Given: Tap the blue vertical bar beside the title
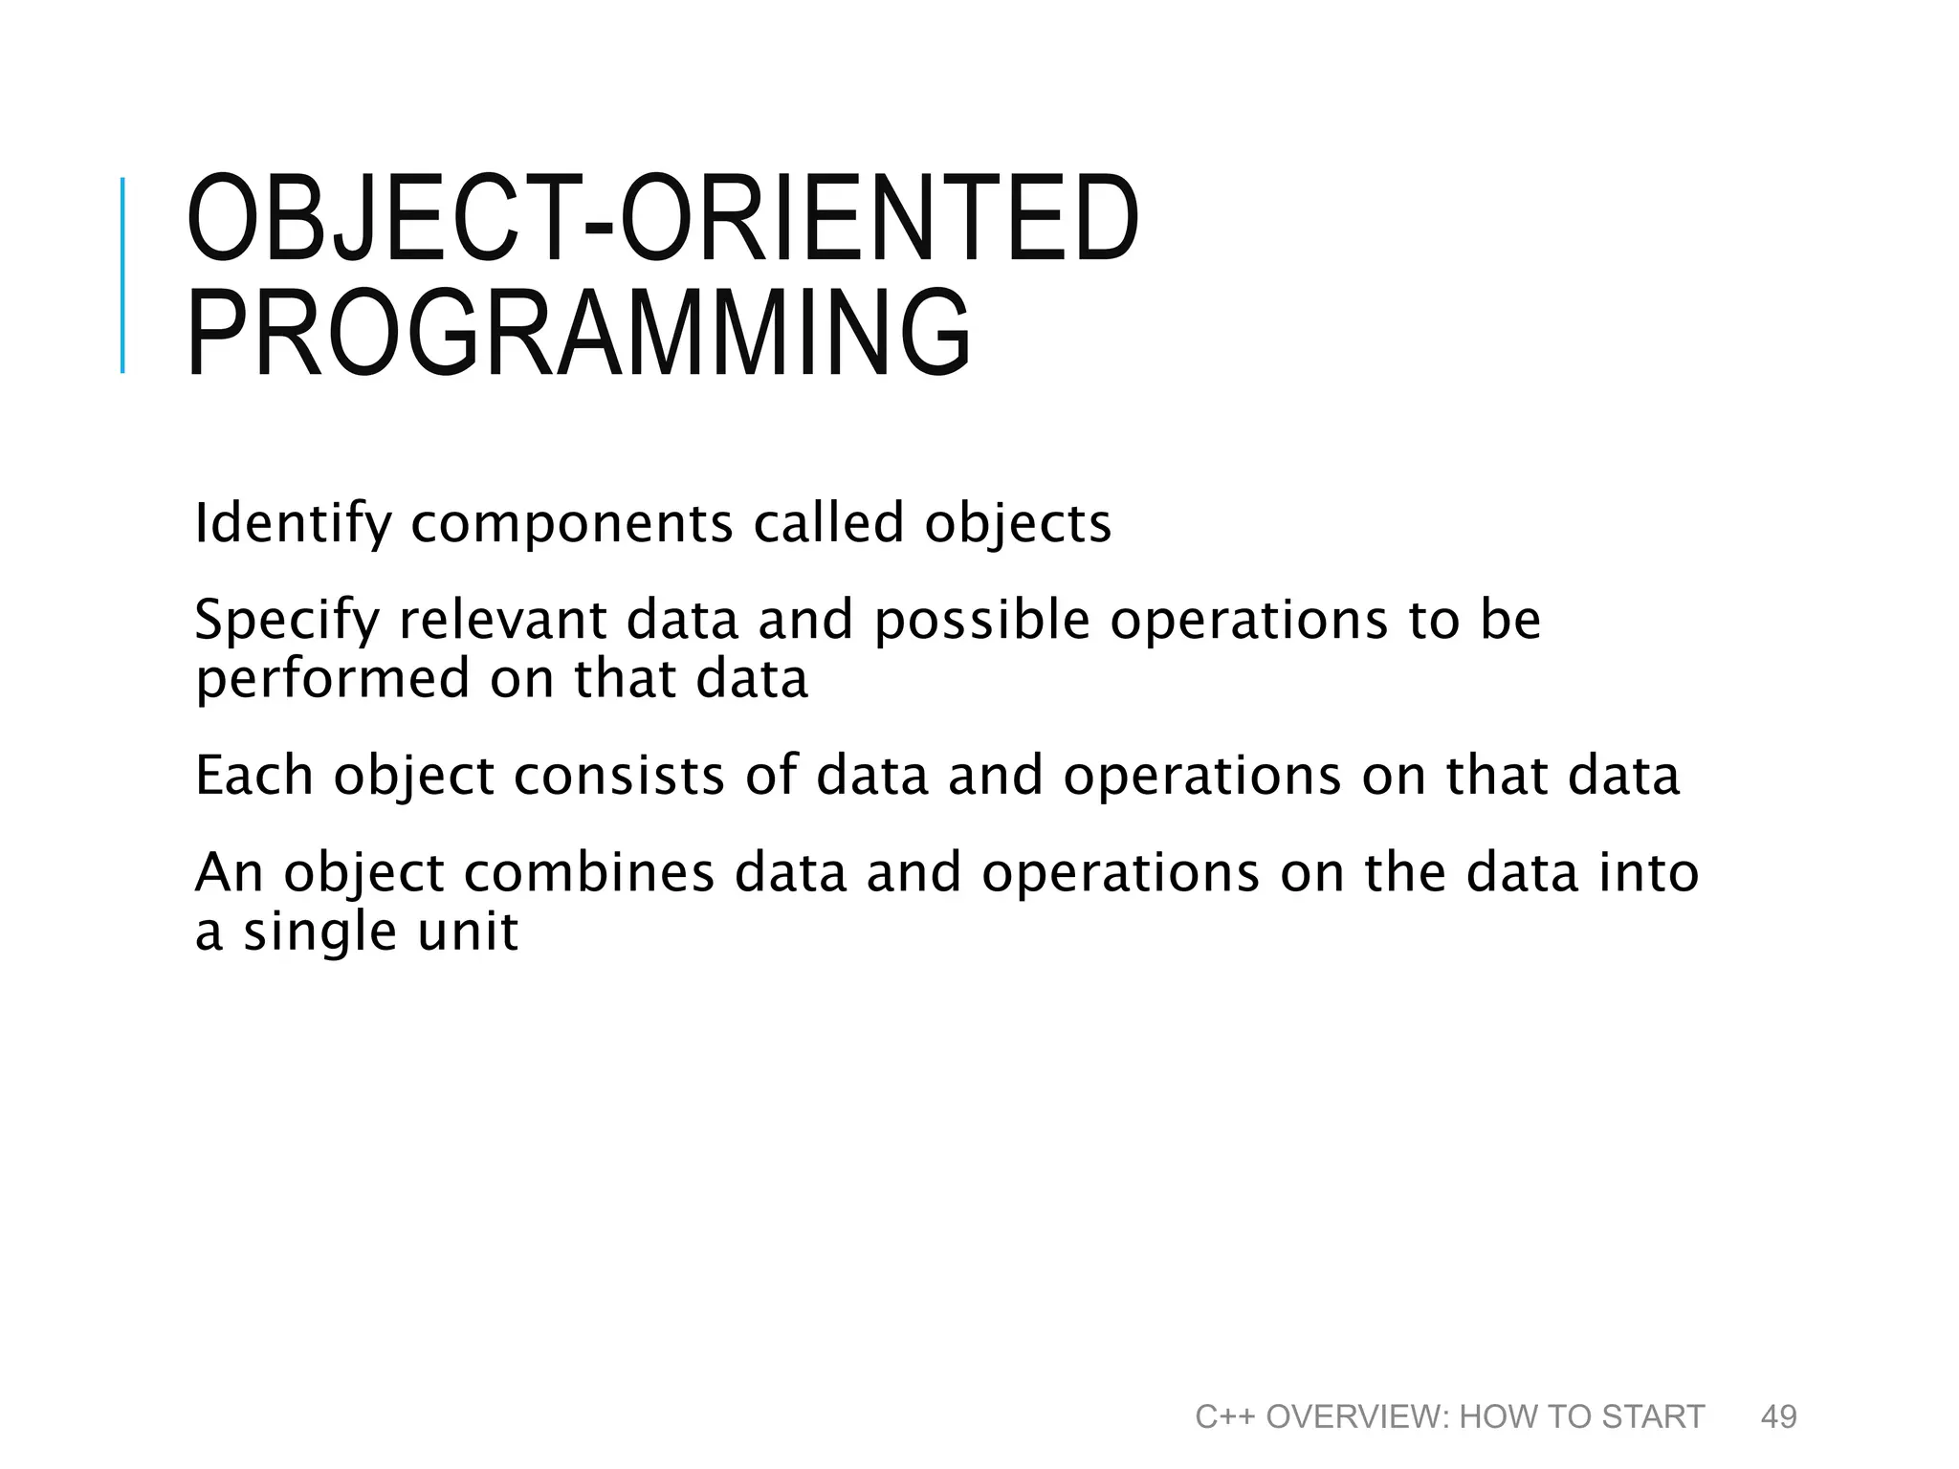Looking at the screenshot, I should click(x=122, y=275).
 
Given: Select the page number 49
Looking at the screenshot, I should click(x=1778, y=1416).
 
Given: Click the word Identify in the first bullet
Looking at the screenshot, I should click(x=293, y=524).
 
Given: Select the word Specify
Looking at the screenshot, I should click(x=287, y=621).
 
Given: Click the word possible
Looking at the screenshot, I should click(x=981, y=621).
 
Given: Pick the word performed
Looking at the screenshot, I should click(x=332, y=680).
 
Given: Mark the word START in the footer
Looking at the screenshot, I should click(x=1653, y=1416).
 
